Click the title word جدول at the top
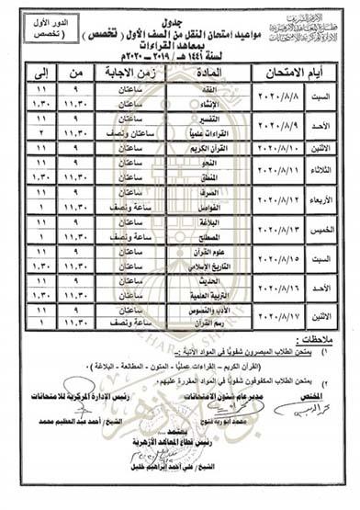click(181, 11)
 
